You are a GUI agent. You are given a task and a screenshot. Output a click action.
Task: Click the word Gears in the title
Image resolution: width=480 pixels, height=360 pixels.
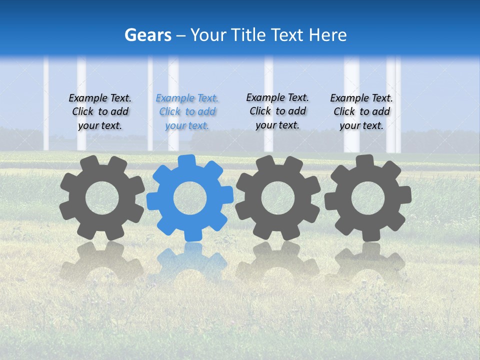(x=148, y=35)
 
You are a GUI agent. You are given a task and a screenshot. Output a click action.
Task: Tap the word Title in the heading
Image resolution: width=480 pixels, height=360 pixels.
(x=248, y=35)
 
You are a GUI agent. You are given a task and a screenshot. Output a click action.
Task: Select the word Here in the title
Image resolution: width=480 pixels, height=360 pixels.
(x=327, y=35)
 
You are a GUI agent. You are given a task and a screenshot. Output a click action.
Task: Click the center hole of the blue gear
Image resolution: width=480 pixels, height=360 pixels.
(x=190, y=198)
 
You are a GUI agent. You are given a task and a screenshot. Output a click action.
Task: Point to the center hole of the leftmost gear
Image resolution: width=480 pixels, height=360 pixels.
(x=102, y=198)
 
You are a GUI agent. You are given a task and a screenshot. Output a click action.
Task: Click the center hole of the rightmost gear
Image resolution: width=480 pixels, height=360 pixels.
(x=368, y=198)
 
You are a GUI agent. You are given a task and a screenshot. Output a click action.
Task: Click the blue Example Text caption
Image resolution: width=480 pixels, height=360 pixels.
(x=187, y=112)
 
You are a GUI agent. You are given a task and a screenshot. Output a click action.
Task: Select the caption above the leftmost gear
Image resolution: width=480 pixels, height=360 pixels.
(x=100, y=112)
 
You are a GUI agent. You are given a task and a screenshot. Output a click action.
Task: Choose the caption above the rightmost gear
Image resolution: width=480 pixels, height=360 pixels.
(x=361, y=112)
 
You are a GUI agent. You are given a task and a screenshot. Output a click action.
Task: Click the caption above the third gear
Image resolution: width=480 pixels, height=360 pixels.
(x=277, y=111)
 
